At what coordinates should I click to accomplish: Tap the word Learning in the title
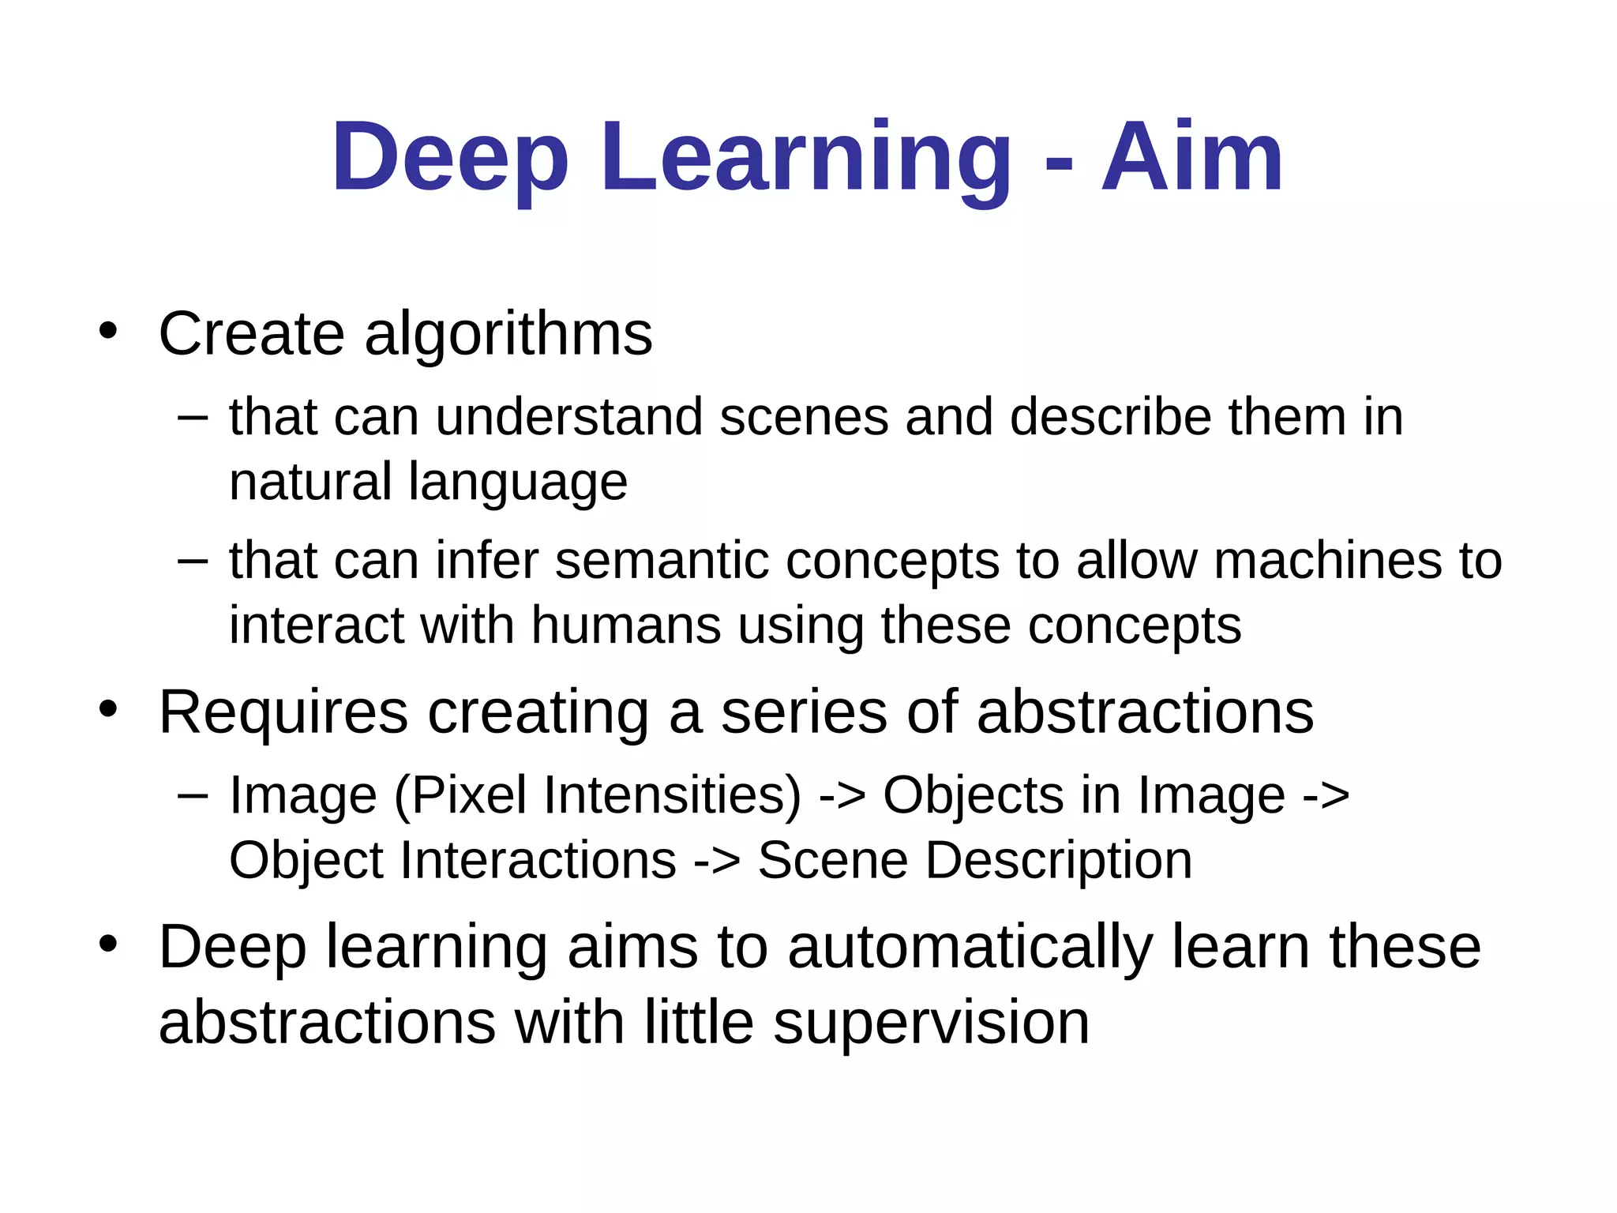click(805, 158)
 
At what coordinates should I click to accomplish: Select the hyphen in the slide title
click(1058, 166)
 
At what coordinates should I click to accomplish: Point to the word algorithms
click(508, 335)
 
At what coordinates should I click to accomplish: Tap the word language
click(518, 483)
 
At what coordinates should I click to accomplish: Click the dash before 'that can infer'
click(193, 561)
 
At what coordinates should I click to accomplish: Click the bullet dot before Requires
click(108, 708)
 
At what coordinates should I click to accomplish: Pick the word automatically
click(970, 948)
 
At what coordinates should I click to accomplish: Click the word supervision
click(931, 1023)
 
